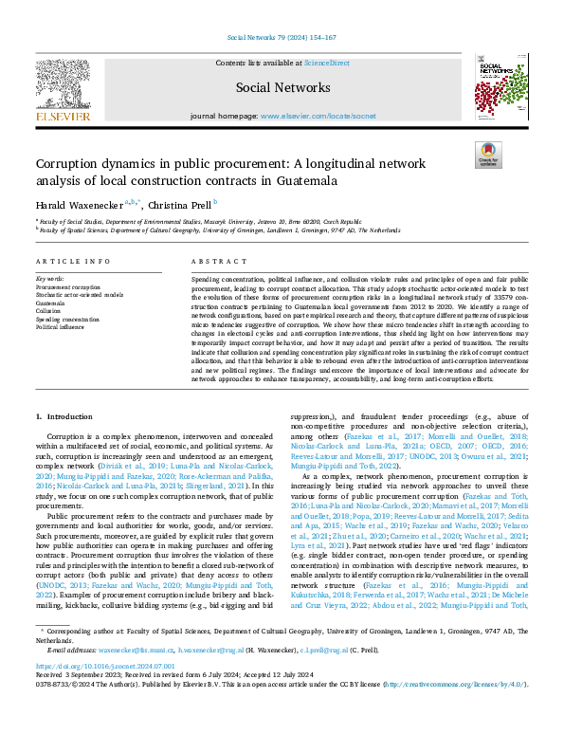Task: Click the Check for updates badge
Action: (x=488, y=156)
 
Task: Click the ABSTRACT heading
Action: (x=212, y=261)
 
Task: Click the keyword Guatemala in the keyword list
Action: (x=51, y=302)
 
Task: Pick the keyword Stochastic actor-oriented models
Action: (x=80, y=294)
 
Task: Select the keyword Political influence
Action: (x=60, y=324)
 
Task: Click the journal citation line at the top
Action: (x=282, y=38)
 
